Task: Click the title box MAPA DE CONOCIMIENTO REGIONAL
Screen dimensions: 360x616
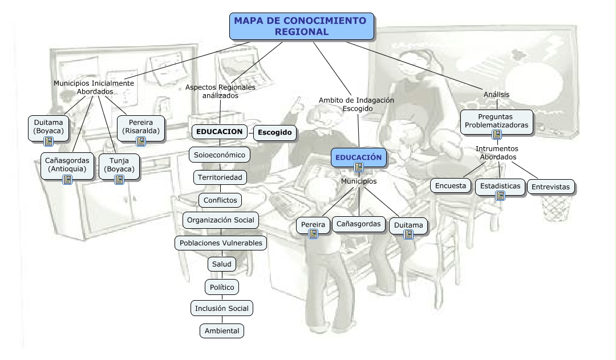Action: pyautogui.click(x=302, y=26)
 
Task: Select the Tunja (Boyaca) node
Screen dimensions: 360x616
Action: pyautogui.click(x=119, y=165)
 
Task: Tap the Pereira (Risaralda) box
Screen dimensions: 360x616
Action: pyautogui.click(x=140, y=126)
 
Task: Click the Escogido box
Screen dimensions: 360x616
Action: pyautogui.click(x=274, y=132)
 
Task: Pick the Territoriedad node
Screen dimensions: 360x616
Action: pyautogui.click(x=220, y=177)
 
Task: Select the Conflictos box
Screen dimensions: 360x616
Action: pyautogui.click(x=220, y=200)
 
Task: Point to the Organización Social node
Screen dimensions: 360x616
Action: pyautogui.click(x=220, y=220)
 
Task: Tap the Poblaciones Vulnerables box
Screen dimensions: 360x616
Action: pyautogui.click(x=220, y=242)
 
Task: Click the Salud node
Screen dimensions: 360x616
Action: pyautogui.click(x=221, y=265)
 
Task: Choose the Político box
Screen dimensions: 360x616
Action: pyautogui.click(x=221, y=287)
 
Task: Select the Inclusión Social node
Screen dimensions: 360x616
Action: pyautogui.click(x=221, y=309)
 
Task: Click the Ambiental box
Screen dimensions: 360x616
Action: pyautogui.click(x=221, y=330)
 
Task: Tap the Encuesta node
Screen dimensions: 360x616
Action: pyautogui.click(x=451, y=185)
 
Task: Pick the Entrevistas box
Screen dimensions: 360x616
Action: pyautogui.click(x=550, y=187)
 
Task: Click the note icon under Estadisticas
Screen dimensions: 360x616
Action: pyautogui.click(x=500, y=196)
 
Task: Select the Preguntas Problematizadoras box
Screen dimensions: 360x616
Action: pyautogui.click(x=496, y=121)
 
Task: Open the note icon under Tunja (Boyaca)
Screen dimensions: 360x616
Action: pyautogui.click(x=119, y=179)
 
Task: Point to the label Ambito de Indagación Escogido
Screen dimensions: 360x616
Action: pyautogui.click(x=356, y=104)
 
